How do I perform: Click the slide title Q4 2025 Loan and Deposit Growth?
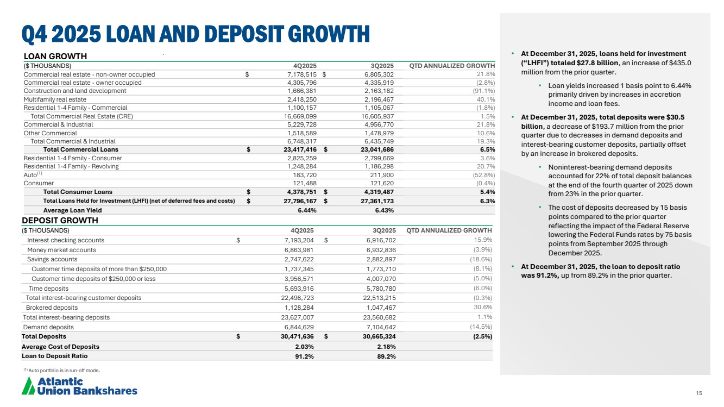tap(196, 34)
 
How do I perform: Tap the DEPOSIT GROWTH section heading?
tap(60, 220)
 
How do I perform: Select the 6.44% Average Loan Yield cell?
tap(307, 211)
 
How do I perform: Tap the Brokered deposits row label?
tap(52, 308)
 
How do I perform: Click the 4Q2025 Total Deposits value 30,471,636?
tap(293, 336)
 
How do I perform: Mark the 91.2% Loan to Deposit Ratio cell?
tap(305, 356)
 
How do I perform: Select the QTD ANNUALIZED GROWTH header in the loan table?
tap(452, 66)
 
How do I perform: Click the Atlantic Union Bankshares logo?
tap(79, 386)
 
